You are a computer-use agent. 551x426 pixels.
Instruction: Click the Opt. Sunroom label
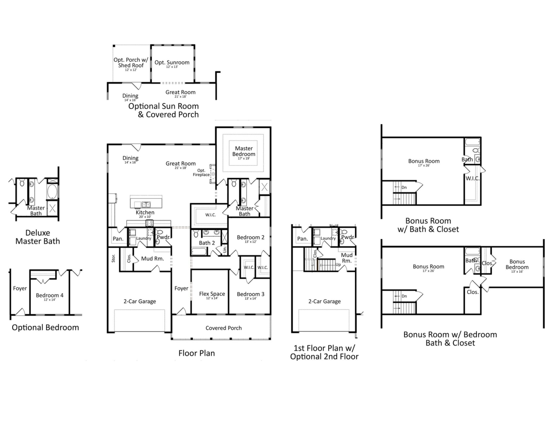coord(172,63)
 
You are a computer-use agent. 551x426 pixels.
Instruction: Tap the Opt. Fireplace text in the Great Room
coord(201,173)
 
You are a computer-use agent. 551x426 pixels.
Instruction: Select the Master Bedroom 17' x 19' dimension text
coord(243,158)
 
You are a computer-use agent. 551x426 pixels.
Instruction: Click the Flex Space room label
coord(212,294)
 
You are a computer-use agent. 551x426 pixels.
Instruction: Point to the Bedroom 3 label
coord(250,294)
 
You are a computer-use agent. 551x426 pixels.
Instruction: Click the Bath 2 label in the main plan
coord(207,243)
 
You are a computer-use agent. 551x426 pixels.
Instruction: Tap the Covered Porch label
coord(223,328)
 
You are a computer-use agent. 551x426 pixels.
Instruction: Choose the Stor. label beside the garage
coord(113,258)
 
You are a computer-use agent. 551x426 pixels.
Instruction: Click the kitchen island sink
coord(146,204)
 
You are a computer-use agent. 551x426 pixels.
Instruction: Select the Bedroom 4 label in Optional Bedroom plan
coord(49,295)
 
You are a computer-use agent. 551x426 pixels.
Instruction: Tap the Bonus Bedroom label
coord(517,264)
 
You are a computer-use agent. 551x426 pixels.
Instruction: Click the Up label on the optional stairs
coord(338,264)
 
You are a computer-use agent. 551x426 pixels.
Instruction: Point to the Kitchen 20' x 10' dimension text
coord(145,217)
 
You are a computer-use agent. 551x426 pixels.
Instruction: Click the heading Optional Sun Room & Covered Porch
coord(164,110)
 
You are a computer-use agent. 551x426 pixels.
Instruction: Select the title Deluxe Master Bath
coord(38,237)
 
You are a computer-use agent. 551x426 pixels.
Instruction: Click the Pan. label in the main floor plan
coord(118,239)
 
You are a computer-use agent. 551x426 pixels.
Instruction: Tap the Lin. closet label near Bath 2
coord(225,250)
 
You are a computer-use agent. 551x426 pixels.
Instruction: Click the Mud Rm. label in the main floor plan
coord(152,258)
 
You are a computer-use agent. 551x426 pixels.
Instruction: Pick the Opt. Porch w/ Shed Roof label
coord(131,63)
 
